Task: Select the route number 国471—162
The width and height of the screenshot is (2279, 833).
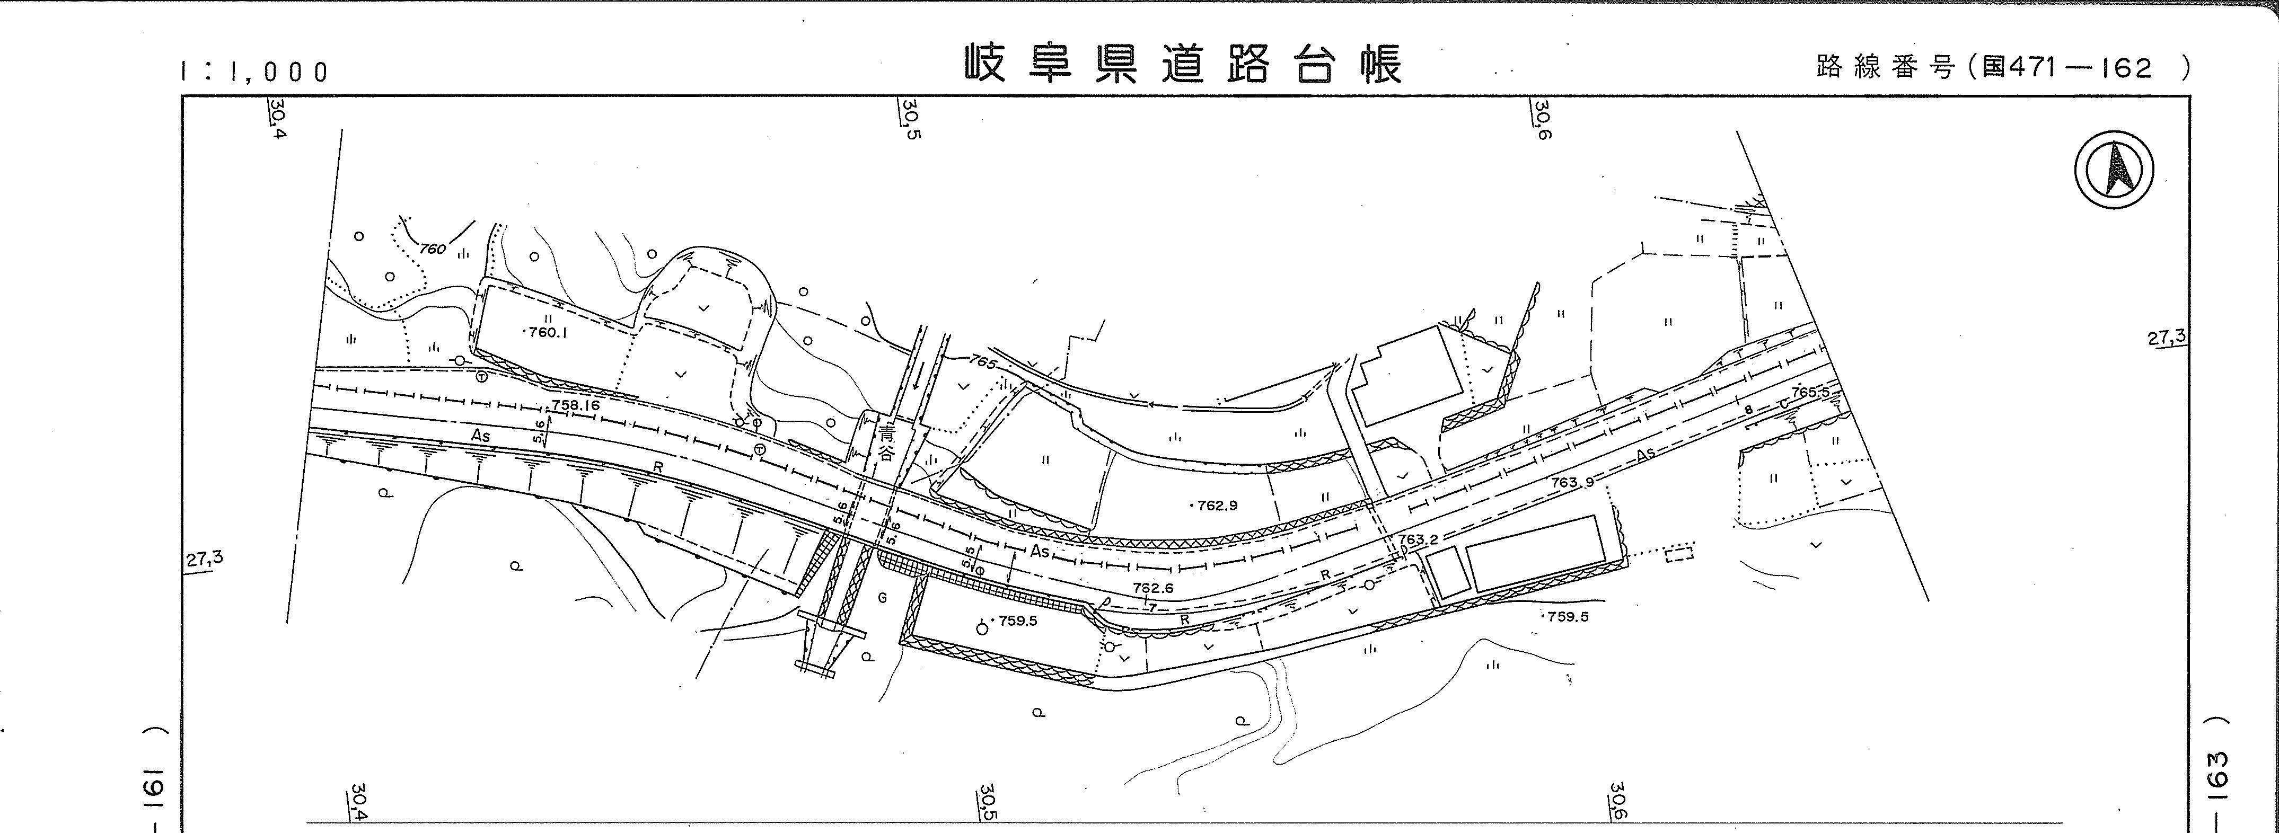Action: (x=2066, y=68)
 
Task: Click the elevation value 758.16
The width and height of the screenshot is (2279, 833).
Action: (x=575, y=405)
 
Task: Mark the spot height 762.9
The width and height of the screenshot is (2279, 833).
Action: (x=1217, y=506)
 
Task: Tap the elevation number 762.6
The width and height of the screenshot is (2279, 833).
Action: (x=1152, y=587)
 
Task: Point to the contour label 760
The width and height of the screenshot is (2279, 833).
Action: (x=432, y=250)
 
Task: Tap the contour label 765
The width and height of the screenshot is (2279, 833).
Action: (x=982, y=362)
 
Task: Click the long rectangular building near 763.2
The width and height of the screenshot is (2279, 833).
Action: (x=1534, y=554)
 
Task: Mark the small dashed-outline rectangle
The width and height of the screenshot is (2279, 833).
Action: (x=1678, y=554)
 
